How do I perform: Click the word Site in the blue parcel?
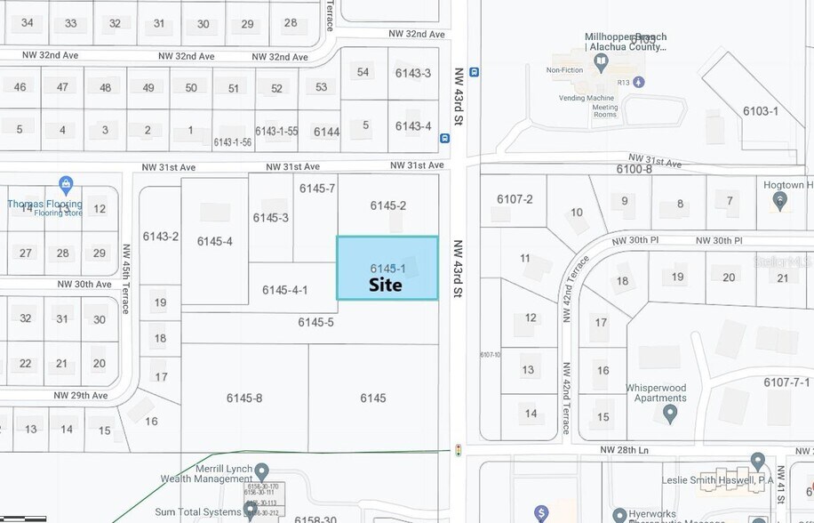(x=386, y=285)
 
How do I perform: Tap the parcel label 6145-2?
(x=388, y=205)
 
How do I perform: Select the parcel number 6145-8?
(x=244, y=398)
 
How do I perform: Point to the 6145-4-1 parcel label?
(x=285, y=290)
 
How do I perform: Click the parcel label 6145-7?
(x=317, y=188)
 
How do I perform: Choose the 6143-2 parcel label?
(x=160, y=237)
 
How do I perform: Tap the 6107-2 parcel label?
(x=515, y=198)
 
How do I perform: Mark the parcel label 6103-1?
(x=761, y=111)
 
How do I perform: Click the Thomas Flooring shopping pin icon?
(x=65, y=185)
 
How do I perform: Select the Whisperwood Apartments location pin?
(x=670, y=412)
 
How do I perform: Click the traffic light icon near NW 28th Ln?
(x=459, y=450)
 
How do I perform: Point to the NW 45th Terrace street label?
(x=126, y=278)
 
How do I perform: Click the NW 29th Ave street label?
(x=81, y=395)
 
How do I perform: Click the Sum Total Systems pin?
(x=251, y=510)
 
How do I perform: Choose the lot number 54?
(x=363, y=72)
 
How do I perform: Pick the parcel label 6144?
(x=326, y=132)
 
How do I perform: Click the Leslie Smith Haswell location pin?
(x=757, y=461)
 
